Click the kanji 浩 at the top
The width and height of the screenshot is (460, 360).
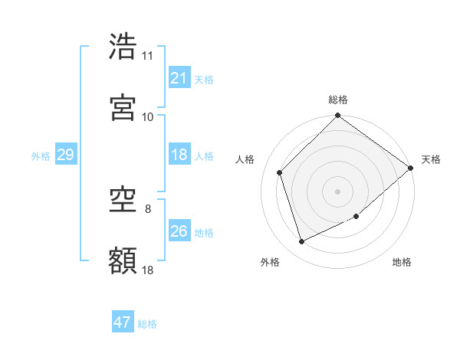[123, 47]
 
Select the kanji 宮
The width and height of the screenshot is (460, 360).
[123, 108]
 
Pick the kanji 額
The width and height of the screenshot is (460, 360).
[123, 260]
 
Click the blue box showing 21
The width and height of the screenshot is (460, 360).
[179, 78]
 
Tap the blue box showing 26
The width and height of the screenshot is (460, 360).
[179, 231]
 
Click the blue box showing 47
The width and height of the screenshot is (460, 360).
[123, 322]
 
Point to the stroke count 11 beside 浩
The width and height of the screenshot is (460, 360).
[147, 56]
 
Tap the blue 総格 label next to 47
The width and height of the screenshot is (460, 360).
[147, 324]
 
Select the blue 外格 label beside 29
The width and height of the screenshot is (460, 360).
[41, 156]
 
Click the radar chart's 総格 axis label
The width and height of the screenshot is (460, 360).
[338, 100]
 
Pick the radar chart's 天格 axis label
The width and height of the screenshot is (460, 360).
[432, 159]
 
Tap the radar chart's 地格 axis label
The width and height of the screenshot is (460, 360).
[402, 262]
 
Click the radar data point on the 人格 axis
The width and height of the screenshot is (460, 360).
[280, 172]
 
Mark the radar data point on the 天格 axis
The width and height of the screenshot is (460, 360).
[410, 168]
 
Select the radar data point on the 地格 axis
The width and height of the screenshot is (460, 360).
[356, 217]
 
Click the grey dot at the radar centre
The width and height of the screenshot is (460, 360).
[337, 191]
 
